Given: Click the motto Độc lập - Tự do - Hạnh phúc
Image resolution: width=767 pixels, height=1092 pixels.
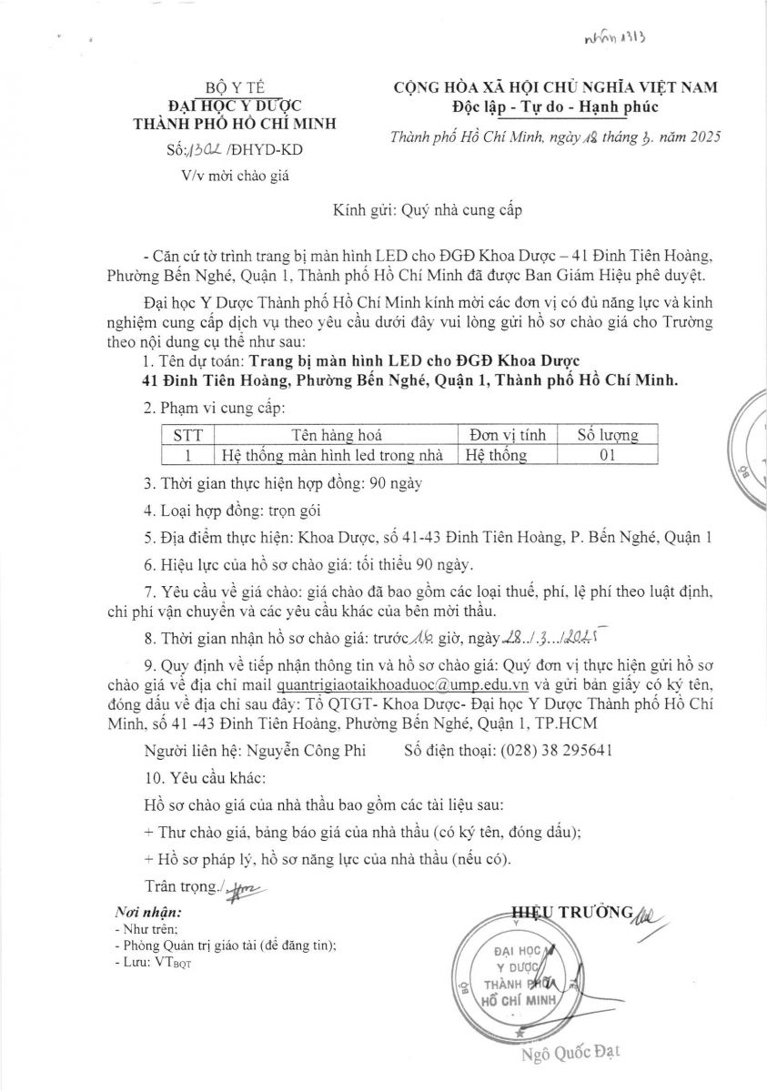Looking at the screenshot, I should [x=554, y=107].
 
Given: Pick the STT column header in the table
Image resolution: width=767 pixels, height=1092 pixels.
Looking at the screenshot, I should [x=187, y=435].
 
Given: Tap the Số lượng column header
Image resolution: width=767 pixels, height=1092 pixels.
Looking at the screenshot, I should [x=609, y=435].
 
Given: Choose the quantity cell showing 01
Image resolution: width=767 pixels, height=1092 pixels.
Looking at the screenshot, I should [x=609, y=454].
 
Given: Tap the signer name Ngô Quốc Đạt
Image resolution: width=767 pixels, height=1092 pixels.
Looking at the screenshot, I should [x=570, y=1055].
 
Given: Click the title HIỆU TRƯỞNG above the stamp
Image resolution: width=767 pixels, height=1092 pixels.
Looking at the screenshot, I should [x=571, y=913].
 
